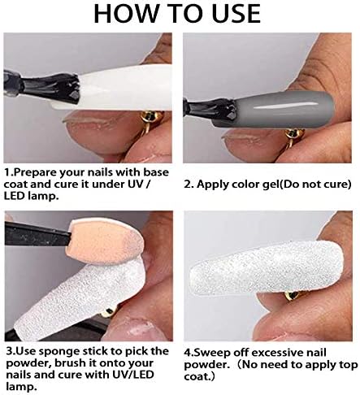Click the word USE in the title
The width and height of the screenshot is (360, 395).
(236, 14)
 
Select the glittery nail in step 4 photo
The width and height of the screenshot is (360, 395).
(267, 269)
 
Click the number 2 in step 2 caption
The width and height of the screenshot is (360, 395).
(188, 184)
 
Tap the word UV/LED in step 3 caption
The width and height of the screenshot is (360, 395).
(132, 375)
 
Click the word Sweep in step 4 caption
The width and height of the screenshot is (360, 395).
(212, 353)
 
